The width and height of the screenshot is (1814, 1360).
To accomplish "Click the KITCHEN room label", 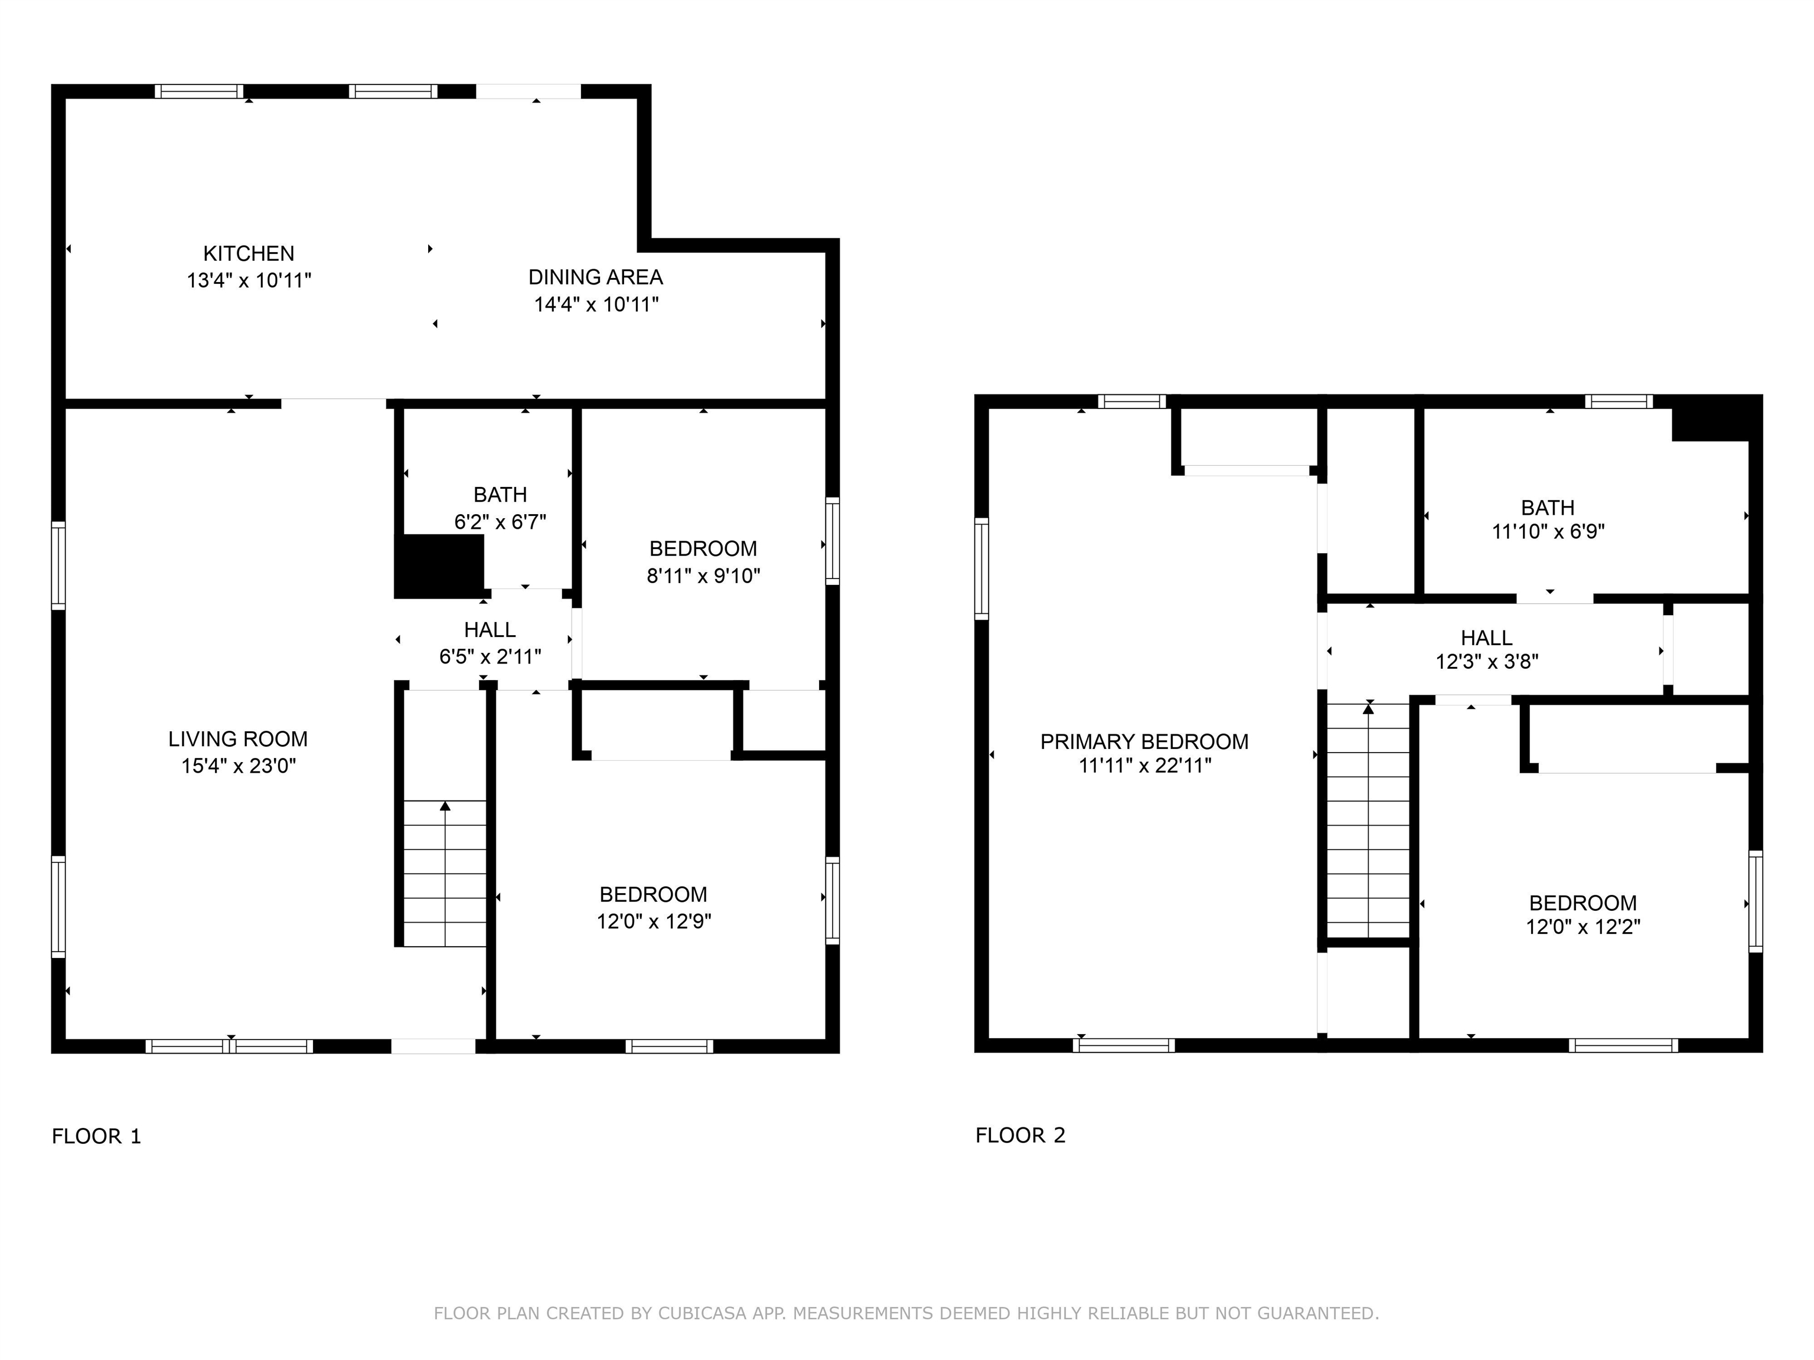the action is (x=249, y=253).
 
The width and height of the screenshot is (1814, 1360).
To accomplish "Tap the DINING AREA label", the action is (x=595, y=277).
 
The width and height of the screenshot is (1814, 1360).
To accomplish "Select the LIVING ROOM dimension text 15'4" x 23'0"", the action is (x=239, y=766).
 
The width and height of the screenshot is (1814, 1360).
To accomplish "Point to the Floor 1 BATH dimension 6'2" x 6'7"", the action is (x=500, y=521).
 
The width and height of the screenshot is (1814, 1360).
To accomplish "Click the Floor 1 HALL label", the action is (x=490, y=630).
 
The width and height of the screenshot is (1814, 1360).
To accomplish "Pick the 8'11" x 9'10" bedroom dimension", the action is (x=704, y=576).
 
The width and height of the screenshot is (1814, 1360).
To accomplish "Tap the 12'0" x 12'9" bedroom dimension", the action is (x=654, y=921).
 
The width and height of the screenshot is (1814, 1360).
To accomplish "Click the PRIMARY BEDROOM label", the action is (x=1144, y=742).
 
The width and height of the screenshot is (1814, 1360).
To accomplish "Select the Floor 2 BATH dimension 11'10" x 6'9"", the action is (x=1548, y=531).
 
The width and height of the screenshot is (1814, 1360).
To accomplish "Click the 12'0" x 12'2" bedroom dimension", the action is (x=1583, y=926).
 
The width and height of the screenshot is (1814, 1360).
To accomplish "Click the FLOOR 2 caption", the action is (x=1020, y=1135).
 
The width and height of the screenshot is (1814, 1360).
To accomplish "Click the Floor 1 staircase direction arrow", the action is (x=445, y=874).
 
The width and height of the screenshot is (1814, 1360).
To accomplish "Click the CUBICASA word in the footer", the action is (x=702, y=1313).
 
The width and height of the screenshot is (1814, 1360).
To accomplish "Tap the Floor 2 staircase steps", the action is (x=1368, y=820).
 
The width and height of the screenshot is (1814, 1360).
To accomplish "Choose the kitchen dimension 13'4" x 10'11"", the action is (x=249, y=280).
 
